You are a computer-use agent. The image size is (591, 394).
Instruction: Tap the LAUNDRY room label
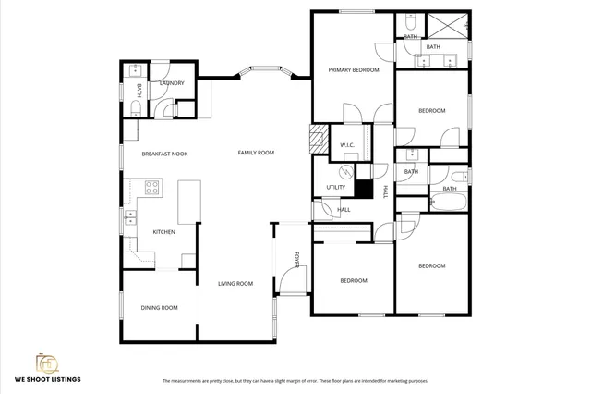pos(172,83)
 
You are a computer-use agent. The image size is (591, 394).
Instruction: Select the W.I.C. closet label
pos(347,145)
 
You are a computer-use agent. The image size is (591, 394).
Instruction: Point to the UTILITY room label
pos(336,188)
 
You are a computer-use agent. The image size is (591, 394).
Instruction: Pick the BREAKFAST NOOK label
pos(164,154)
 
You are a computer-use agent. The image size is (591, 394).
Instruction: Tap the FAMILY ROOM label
pos(256,153)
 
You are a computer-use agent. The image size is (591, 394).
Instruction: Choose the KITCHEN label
pos(163,232)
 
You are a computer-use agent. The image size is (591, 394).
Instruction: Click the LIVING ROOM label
pos(235,284)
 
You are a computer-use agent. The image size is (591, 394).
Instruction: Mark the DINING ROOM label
pos(159,308)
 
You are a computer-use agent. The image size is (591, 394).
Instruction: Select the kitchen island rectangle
pos(189,201)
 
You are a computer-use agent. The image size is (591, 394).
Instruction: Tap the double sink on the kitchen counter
pos(130,218)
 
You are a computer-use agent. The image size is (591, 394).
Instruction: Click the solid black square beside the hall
pos(364,191)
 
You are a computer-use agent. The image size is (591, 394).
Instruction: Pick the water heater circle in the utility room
pos(347,172)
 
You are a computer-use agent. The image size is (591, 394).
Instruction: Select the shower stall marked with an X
pos(447,24)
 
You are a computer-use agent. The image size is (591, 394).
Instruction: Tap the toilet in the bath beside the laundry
pos(135,109)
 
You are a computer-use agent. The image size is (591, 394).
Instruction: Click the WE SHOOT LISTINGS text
pos(47,379)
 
